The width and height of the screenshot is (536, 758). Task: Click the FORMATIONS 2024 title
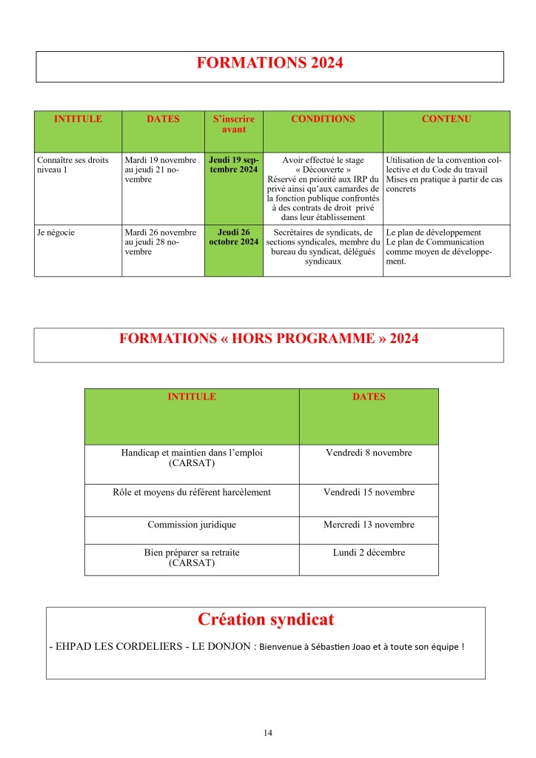(269, 64)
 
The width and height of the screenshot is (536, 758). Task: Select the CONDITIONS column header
(322, 119)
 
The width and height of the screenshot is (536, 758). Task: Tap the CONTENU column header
(446, 119)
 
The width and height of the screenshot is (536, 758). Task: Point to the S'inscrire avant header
(233, 124)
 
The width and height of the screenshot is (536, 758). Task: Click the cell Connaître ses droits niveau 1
(73, 164)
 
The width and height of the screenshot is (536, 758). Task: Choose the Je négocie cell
(56, 232)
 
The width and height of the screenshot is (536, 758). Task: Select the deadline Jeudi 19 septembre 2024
(233, 164)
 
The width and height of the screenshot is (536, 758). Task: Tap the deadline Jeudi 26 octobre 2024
(233, 237)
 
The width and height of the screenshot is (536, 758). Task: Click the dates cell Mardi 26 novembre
(161, 242)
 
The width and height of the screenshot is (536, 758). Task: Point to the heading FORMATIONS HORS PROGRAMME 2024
(269, 339)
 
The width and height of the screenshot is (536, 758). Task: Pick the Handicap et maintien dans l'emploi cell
(192, 458)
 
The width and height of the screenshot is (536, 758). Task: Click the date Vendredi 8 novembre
(369, 453)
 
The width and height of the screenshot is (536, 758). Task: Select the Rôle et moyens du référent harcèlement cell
(192, 492)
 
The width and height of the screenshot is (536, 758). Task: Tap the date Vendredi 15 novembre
(369, 492)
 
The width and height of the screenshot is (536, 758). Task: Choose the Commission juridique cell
(192, 525)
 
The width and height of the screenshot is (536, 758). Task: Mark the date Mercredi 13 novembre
(369, 525)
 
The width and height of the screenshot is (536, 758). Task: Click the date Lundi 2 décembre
(369, 552)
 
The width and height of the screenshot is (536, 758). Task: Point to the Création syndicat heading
(266, 619)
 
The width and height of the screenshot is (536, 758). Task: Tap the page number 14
(267, 733)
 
